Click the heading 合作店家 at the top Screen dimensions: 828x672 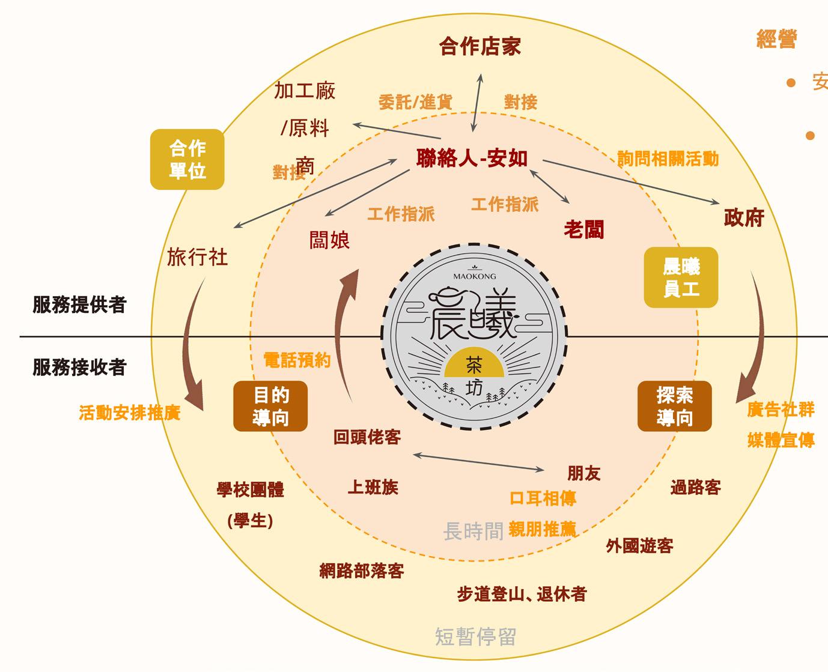click(479, 47)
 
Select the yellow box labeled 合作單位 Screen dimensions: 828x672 click(187, 159)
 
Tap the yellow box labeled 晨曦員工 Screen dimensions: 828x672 click(681, 277)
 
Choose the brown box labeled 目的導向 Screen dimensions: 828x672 click(270, 406)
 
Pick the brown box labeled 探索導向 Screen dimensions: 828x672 click(674, 406)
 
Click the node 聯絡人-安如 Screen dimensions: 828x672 click(472, 159)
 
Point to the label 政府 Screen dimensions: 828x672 click(744, 218)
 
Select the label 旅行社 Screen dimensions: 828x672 click(197, 257)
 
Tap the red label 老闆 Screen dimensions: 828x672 click(583, 229)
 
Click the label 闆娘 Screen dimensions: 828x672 click(329, 240)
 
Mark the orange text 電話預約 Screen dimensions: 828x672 click(297, 360)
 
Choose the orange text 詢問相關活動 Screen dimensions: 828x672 click(668, 159)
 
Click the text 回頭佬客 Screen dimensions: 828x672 click(367, 437)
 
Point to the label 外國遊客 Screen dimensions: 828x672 click(639, 546)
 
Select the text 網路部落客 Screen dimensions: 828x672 click(362, 571)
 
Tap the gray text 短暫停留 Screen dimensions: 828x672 click(475, 637)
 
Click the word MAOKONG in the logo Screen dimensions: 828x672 click(475, 276)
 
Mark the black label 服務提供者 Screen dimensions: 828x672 click(79, 305)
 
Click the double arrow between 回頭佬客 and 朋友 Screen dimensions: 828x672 click(479, 462)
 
